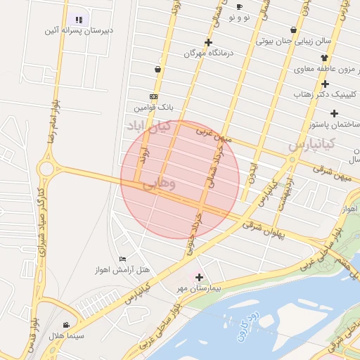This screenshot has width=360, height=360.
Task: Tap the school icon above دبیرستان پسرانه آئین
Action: [x=79, y=20]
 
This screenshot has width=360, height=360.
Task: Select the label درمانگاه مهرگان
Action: [x=208, y=53]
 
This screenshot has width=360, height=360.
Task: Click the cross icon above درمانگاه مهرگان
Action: [x=208, y=42]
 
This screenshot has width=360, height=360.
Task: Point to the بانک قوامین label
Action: [x=153, y=108]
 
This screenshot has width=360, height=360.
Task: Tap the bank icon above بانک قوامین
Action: [x=153, y=96]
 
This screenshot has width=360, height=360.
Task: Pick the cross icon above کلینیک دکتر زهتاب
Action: [x=325, y=84]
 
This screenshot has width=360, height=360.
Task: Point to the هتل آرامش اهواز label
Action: [x=122, y=270]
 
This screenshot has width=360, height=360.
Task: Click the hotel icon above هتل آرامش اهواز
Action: [x=123, y=259]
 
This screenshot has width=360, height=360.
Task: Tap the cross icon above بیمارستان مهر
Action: [x=200, y=277]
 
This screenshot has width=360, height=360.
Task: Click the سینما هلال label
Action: [x=66, y=336]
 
